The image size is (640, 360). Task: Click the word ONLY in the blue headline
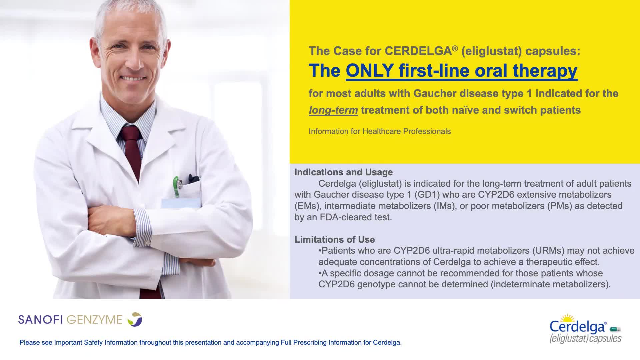(x=370, y=71)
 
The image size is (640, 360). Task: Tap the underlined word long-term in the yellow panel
(x=333, y=110)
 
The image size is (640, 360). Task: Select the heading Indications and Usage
(x=343, y=172)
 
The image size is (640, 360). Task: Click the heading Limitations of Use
(x=334, y=239)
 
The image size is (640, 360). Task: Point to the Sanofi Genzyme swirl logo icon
(x=135, y=319)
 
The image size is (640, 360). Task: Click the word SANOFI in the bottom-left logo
(x=40, y=320)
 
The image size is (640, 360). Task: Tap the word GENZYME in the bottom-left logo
(x=94, y=320)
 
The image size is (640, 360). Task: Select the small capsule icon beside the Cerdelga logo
(x=615, y=329)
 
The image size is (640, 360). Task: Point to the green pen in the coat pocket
(x=176, y=187)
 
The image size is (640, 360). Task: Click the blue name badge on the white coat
(x=181, y=203)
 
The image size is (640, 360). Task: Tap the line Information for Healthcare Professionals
(x=380, y=131)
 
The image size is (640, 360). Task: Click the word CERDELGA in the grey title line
(x=418, y=51)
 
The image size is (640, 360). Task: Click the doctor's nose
(x=134, y=60)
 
